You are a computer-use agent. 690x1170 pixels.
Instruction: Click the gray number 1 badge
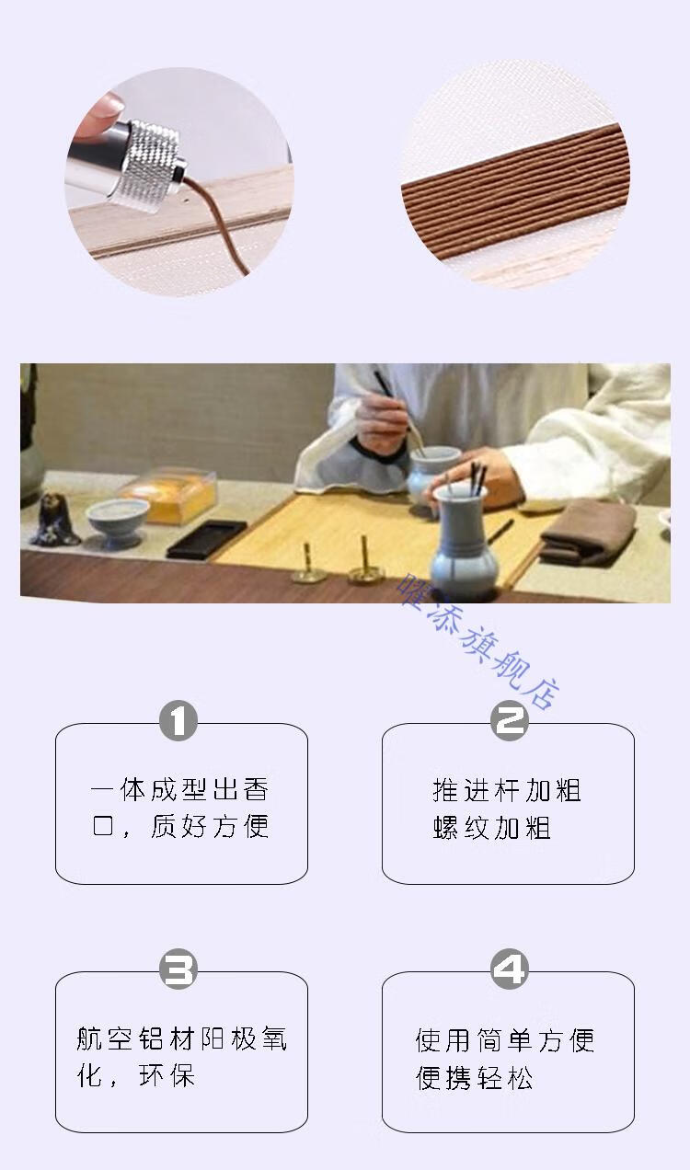click(x=178, y=721)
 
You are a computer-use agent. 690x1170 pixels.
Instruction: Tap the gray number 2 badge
click(x=509, y=720)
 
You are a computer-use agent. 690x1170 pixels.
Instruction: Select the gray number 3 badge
click(x=178, y=969)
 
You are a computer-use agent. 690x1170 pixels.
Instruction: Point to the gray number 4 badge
click(x=509, y=969)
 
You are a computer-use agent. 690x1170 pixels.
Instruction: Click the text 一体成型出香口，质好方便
click(x=180, y=809)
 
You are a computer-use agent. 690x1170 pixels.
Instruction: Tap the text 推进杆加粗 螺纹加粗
click(x=507, y=809)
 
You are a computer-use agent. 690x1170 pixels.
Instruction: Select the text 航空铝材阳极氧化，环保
click(x=181, y=1057)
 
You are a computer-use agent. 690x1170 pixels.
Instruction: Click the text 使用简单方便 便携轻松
click(x=505, y=1059)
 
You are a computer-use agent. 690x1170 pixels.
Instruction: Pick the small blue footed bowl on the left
click(x=117, y=522)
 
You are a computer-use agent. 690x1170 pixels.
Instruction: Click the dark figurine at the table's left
click(x=55, y=520)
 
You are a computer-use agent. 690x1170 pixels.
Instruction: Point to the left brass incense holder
click(x=309, y=566)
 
